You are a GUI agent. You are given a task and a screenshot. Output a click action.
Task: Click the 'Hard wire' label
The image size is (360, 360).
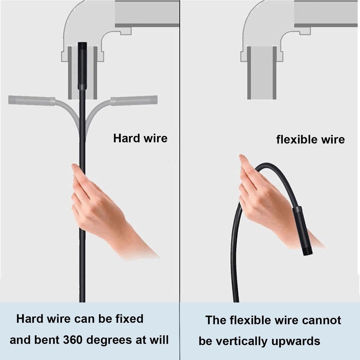(x=140, y=138)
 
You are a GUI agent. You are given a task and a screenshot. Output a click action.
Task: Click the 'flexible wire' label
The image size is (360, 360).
(x=310, y=139)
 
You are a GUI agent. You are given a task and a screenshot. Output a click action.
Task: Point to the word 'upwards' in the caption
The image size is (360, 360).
(x=298, y=341)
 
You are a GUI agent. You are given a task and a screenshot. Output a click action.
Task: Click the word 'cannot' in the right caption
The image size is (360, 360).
(x=321, y=320)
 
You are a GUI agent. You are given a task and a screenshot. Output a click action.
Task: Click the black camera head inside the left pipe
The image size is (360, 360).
(x=82, y=65)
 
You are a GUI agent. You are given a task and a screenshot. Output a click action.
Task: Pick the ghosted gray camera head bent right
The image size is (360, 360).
(x=134, y=100)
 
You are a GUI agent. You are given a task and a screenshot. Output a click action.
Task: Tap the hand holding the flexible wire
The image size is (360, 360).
(x=266, y=202)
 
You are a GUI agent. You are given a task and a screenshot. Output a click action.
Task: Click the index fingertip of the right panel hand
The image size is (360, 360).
(x=242, y=157)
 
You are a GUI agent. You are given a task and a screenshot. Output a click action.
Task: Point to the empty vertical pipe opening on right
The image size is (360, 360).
(x=262, y=72)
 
